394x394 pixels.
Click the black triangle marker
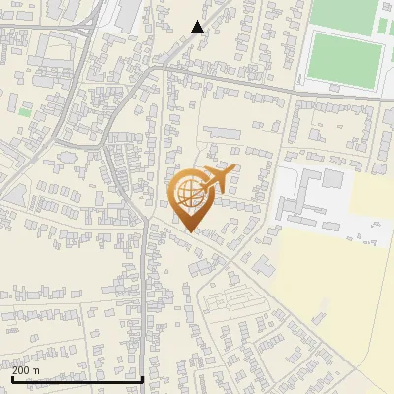198,27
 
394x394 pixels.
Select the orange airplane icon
219,179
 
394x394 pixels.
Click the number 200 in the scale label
21,370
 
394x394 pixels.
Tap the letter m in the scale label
36,370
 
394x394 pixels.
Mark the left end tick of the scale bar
12,379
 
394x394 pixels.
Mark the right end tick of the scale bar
144,379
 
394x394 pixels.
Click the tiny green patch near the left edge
23,111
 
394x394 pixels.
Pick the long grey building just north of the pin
224,132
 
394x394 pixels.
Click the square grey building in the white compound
333,180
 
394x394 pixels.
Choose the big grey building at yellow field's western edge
263,265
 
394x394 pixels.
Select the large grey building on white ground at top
129,14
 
